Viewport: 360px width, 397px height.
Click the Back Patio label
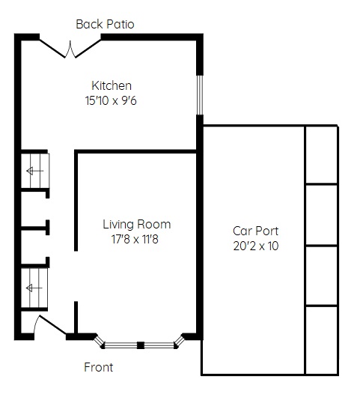[x=105, y=24]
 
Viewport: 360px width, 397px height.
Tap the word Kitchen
[x=112, y=85]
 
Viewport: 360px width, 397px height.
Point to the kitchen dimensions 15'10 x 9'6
[x=111, y=100]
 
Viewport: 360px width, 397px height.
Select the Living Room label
[x=137, y=225]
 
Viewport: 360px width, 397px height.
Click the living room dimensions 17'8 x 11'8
[x=135, y=239]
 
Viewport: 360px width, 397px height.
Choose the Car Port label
[x=255, y=231]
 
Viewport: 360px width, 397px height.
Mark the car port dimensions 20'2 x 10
[x=256, y=246]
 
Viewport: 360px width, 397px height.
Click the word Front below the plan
[x=98, y=367]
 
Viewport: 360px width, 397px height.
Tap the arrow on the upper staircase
[x=35, y=171]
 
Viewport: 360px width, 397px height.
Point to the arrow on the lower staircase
[x=34, y=288]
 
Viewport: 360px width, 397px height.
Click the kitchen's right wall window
[x=200, y=95]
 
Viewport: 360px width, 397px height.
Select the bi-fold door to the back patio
[x=70, y=49]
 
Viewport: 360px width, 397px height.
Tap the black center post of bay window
[x=141, y=345]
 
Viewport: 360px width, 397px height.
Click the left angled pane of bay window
[x=99, y=341]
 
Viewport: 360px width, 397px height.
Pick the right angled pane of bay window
[x=180, y=341]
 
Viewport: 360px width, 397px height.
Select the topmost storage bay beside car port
[x=322, y=154]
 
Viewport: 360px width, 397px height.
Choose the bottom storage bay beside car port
[x=322, y=341]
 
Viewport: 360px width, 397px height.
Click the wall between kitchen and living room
[x=135, y=151]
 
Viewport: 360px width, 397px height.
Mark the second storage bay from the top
[x=322, y=215]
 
